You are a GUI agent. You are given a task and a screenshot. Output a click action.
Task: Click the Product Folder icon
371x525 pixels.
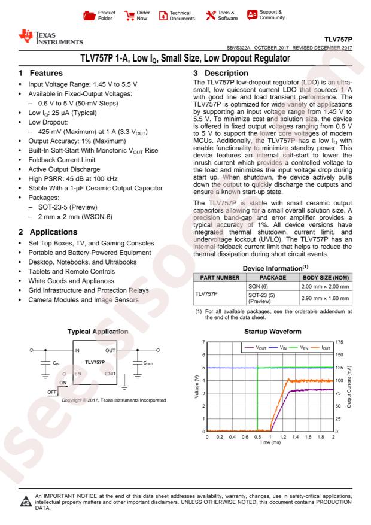point(89,13)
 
